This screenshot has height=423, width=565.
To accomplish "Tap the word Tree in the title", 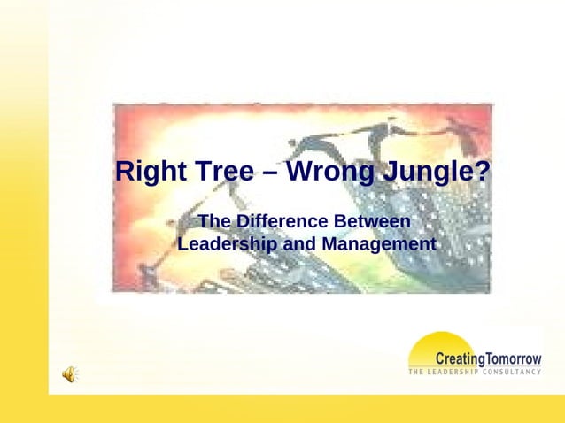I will tap(223, 172).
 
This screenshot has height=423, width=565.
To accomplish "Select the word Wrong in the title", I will tap(330, 172).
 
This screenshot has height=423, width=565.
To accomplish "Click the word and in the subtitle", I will tap(298, 243).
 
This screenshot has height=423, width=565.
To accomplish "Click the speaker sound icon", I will tap(69, 374).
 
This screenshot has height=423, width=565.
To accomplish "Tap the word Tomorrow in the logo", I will tap(514, 358).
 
